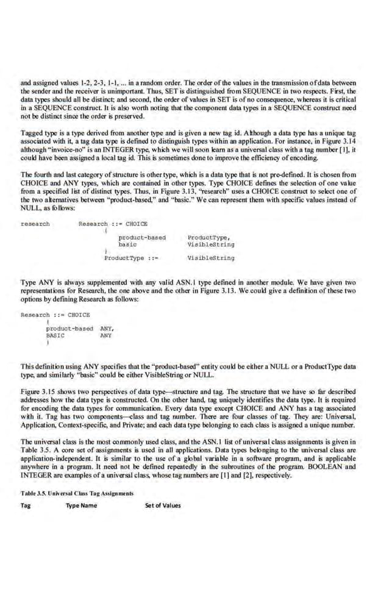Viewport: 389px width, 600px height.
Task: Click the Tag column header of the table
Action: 25,505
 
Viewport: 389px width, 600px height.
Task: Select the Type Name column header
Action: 81,505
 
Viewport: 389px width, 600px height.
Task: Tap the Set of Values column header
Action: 163,505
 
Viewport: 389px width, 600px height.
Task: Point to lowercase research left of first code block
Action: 35,224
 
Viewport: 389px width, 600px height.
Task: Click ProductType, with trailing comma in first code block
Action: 209,237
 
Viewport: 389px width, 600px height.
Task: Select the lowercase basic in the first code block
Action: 127,244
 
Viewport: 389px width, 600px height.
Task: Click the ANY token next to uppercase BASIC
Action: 105,335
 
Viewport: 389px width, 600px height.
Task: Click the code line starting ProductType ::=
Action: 131,258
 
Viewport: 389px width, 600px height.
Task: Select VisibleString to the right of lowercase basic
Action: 211,244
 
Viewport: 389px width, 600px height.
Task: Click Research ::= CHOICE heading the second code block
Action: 55,315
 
